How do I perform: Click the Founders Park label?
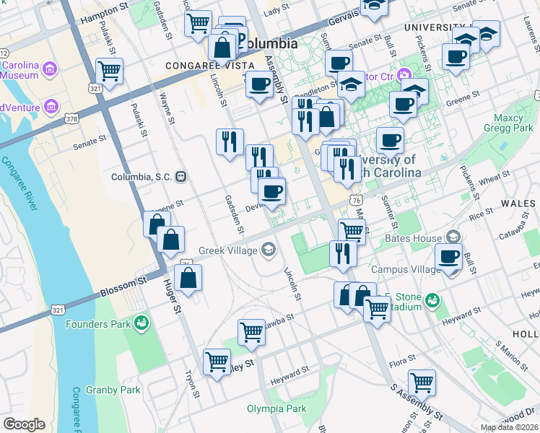click(98, 323)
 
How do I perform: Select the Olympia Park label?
click(276, 408)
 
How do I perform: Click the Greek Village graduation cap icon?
click(269, 250)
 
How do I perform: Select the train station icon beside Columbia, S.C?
click(182, 176)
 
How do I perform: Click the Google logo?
click(24, 424)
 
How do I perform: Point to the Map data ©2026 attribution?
click(509, 427)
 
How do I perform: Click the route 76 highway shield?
click(354, 199)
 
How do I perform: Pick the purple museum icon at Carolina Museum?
click(50, 69)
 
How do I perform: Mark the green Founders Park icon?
click(141, 323)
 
